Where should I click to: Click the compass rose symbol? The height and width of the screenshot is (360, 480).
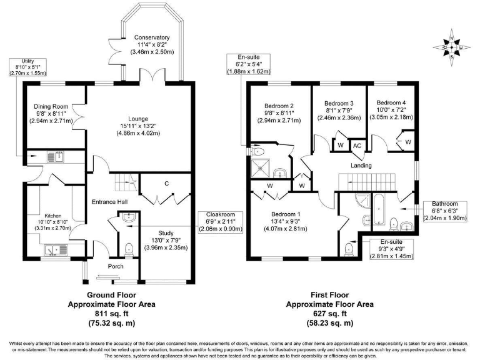coord(453,47)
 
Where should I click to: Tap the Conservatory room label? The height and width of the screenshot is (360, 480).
coord(152,37)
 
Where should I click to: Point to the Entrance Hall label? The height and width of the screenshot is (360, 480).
coord(109,201)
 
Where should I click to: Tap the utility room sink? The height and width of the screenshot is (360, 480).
coord(57,157)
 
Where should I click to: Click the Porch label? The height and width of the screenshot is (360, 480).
coord(116,266)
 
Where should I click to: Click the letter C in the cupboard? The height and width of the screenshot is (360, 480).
coord(167,183)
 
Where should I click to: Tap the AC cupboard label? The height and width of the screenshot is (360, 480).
coord(357,146)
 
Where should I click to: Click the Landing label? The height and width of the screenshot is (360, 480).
coord(361,166)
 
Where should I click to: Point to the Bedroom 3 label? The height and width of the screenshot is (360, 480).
coord(338,103)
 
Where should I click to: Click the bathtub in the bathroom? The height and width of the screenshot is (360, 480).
coord(379,209)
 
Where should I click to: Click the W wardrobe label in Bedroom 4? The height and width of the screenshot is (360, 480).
coord(407,142)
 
